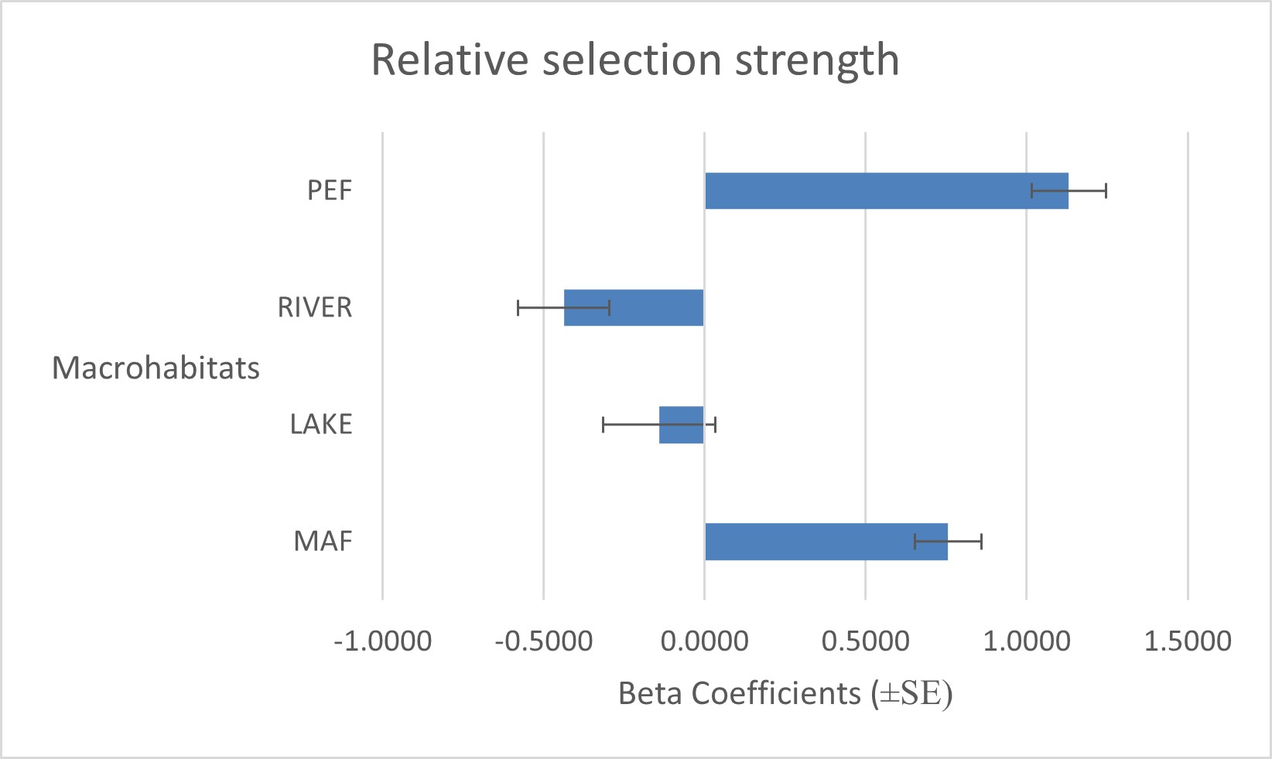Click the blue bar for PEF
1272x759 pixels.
(x=886, y=190)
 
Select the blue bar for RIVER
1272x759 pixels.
(x=634, y=307)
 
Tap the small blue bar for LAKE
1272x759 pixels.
(x=681, y=425)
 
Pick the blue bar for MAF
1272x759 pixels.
(x=826, y=542)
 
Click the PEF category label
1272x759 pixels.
(x=330, y=190)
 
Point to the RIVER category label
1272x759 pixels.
(x=315, y=307)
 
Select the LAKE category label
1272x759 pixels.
(x=321, y=424)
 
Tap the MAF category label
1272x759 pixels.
(x=323, y=541)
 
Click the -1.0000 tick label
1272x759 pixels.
(x=382, y=641)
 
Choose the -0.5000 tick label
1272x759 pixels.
(x=544, y=641)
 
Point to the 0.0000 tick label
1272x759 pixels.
(x=705, y=641)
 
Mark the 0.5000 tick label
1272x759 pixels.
(x=866, y=641)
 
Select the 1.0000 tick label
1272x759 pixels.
(x=1027, y=641)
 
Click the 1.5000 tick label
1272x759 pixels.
(x=1188, y=641)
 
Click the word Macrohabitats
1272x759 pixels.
(x=156, y=368)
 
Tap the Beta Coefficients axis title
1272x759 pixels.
(x=785, y=693)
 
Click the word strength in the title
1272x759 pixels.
(x=817, y=60)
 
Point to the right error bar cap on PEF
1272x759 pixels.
(x=1106, y=190)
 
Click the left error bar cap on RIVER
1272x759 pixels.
(x=518, y=307)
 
